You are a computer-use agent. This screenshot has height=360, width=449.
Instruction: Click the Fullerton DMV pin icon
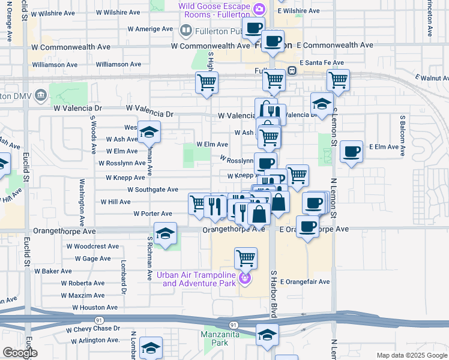tap(41, 94)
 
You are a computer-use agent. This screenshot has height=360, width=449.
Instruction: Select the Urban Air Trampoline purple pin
tap(244, 278)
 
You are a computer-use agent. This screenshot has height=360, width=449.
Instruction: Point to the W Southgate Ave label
tap(152, 190)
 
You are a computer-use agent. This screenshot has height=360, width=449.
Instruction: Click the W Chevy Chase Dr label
tap(93, 329)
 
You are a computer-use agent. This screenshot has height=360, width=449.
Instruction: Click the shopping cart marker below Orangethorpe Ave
tap(246, 259)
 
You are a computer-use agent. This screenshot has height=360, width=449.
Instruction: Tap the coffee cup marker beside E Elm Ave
tap(351, 152)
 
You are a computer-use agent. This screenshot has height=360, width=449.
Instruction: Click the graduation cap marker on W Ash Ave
tap(149, 131)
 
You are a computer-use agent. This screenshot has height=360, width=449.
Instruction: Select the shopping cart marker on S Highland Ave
tap(206, 82)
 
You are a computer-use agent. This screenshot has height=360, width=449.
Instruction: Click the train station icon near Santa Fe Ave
tap(292, 70)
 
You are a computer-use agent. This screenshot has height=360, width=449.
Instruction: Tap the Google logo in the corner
tap(20, 353)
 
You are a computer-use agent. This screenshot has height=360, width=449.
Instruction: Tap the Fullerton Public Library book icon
tap(185, 29)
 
